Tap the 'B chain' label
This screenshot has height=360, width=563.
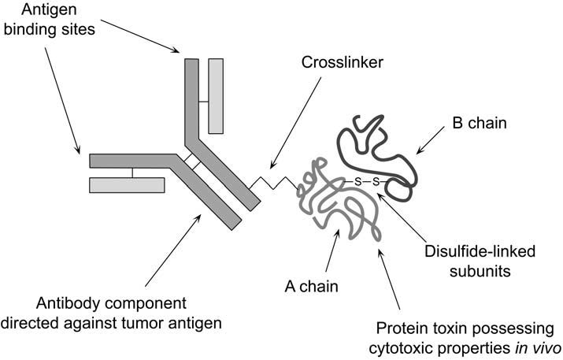point(480,124)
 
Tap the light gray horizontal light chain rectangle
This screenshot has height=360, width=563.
point(126,185)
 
